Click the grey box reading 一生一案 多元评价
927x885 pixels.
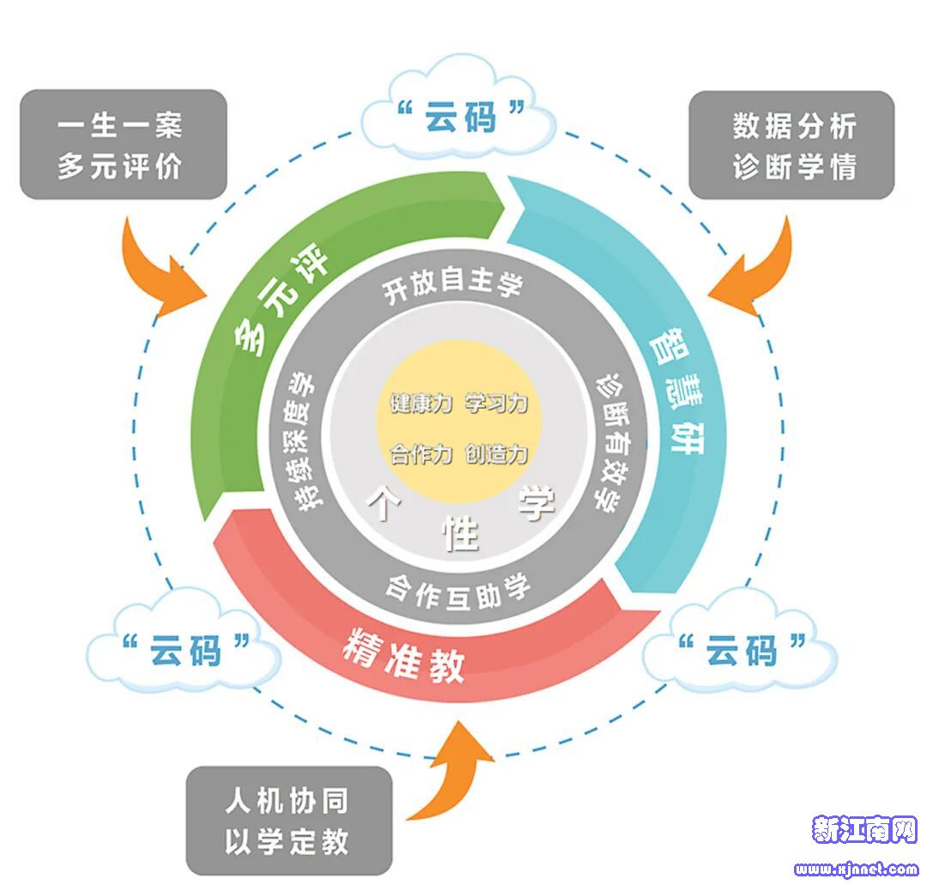(x=123, y=145)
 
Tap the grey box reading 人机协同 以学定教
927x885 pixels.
(x=289, y=821)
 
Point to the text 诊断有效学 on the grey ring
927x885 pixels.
(x=606, y=442)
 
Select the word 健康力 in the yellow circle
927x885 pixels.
(x=420, y=403)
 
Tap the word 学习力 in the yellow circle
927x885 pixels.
(x=496, y=403)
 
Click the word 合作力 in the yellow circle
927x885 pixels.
(x=420, y=454)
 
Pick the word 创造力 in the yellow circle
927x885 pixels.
(x=496, y=454)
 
